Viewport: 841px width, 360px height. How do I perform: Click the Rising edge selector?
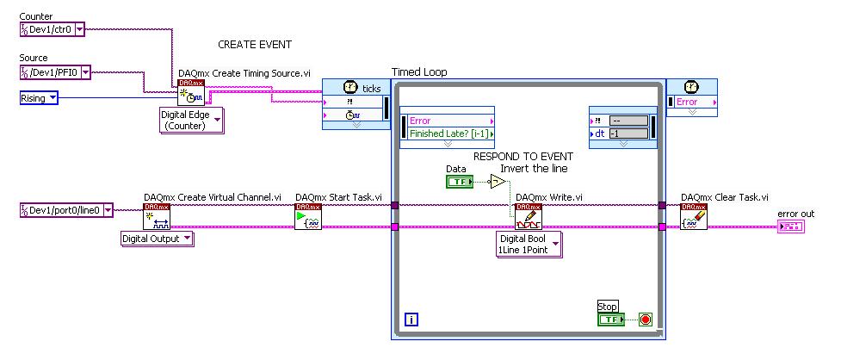click(x=39, y=98)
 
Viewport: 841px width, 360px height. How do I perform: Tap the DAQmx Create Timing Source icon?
click(x=190, y=93)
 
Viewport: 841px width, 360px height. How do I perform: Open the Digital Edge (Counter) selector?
click(x=190, y=120)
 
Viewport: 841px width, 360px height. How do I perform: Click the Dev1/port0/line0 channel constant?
click(x=65, y=209)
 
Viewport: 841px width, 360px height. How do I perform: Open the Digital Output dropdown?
click(x=157, y=239)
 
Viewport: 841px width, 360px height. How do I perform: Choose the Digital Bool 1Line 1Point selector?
click(x=528, y=244)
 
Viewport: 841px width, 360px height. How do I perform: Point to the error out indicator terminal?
click(x=790, y=227)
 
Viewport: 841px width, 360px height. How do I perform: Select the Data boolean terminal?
click(x=459, y=182)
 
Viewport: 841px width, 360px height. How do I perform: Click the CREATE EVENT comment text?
click(x=255, y=45)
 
